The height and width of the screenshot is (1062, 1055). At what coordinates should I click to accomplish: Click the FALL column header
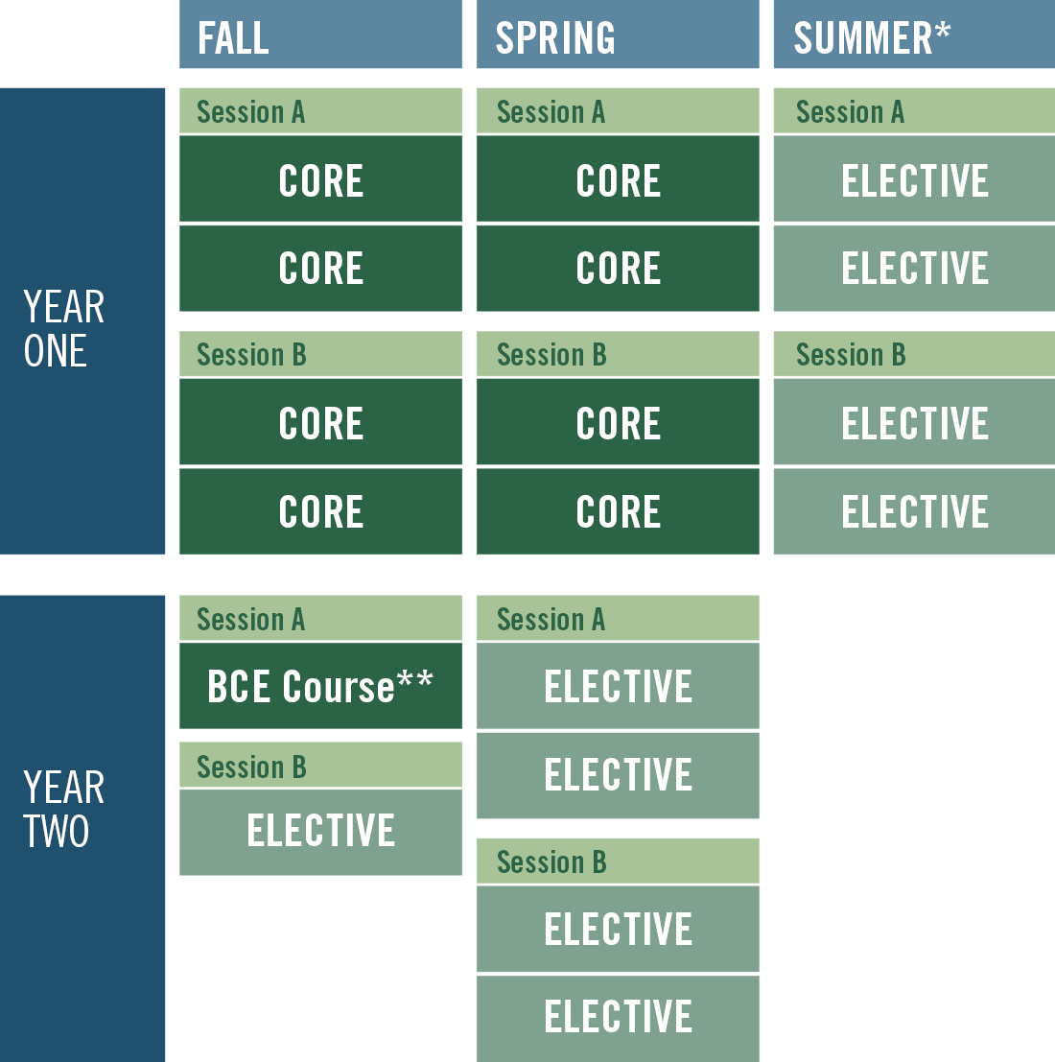click(320, 34)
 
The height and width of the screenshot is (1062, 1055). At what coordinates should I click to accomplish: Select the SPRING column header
click(618, 34)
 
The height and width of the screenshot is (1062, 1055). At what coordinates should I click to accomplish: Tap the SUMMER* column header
click(914, 34)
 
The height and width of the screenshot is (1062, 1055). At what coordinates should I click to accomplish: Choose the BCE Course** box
click(320, 685)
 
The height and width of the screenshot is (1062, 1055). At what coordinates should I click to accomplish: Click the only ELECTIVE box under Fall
click(320, 832)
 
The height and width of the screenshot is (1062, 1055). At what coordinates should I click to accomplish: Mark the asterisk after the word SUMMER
click(944, 30)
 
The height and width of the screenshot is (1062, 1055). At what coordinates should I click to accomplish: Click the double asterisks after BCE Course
click(415, 678)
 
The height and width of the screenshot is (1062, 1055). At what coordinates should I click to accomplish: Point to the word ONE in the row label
click(56, 351)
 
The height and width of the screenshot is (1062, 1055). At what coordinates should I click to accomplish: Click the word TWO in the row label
click(57, 831)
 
